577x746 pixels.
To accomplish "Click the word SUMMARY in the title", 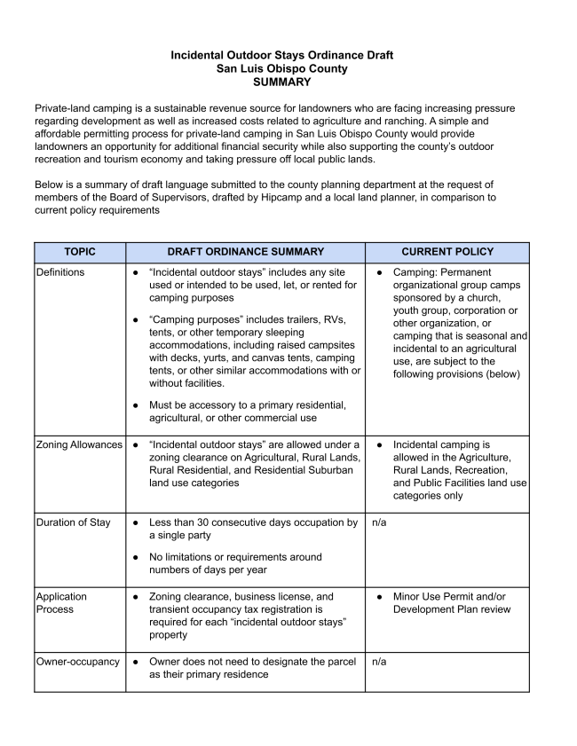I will tap(281, 82).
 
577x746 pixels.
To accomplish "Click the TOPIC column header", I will tap(80, 252).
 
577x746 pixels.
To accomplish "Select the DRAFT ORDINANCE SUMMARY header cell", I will tap(245, 252).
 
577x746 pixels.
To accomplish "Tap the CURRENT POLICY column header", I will tap(447, 252).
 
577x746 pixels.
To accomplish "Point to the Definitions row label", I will tap(60, 272).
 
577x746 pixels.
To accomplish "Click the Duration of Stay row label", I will tap(74, 522).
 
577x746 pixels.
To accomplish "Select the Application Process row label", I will tap(63, 603).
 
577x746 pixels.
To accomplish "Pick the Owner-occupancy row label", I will tap(78, 662).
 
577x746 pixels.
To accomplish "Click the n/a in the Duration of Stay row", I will tap(379, 522).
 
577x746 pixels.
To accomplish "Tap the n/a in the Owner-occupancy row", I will tap(379, 662).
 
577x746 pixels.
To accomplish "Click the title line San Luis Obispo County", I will tap(281, 68).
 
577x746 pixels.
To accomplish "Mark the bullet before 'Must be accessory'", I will tap(135, 405).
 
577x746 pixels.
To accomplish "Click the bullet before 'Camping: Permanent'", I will tap(379, 272).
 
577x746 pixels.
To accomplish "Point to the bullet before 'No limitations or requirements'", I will tap(135, 557).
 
